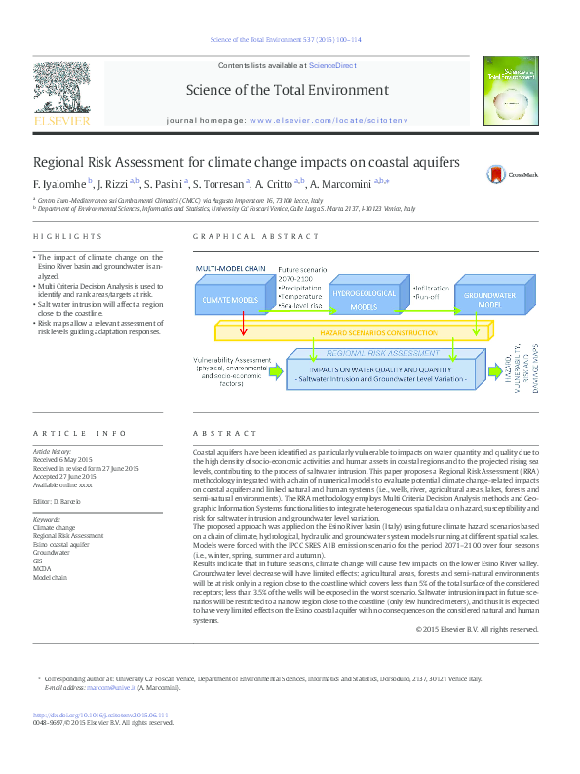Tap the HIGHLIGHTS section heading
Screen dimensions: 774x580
67,237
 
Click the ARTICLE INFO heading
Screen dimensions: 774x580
80,432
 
